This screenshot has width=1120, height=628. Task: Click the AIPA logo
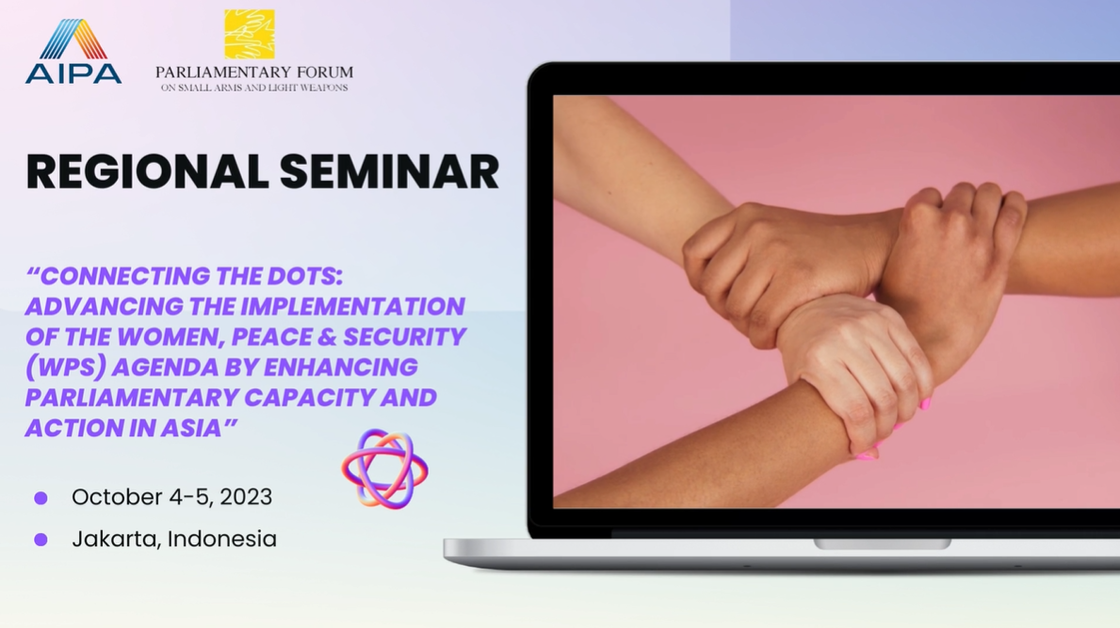(73, 52)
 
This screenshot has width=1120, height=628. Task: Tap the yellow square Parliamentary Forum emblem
(250, 34)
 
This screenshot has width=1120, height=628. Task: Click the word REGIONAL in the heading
(146, 172)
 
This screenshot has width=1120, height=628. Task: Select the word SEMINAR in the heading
(389, 172)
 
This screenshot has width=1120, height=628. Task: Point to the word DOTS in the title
(305, 276)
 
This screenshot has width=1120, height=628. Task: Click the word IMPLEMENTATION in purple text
(353, 306)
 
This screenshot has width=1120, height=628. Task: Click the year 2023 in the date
(246, 497)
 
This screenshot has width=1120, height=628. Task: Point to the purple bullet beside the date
(41, 498)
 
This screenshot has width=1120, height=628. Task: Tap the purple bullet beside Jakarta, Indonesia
(41, 539)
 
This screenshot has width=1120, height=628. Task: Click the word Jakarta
(115, 539)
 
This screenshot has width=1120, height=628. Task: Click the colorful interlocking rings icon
(385, 468)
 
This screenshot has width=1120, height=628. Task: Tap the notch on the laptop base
(882, 544)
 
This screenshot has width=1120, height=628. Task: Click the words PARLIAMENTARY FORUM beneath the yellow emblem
(254, 72)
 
